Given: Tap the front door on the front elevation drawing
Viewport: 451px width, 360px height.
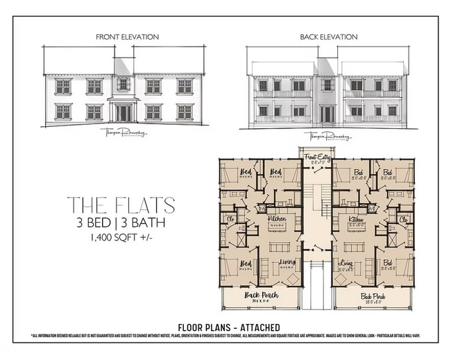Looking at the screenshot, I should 123,112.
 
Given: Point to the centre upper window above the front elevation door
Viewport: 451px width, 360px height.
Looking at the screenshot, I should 123,85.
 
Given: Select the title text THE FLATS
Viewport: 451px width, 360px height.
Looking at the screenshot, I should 121,205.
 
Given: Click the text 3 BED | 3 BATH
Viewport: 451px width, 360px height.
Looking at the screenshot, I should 121,223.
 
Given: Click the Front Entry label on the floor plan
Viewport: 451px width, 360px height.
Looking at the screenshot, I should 317,158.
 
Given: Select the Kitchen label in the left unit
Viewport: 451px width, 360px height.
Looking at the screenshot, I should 277,218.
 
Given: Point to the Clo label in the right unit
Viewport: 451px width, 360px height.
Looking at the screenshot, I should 402,218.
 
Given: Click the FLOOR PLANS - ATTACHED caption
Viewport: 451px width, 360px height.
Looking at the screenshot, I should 228,327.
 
